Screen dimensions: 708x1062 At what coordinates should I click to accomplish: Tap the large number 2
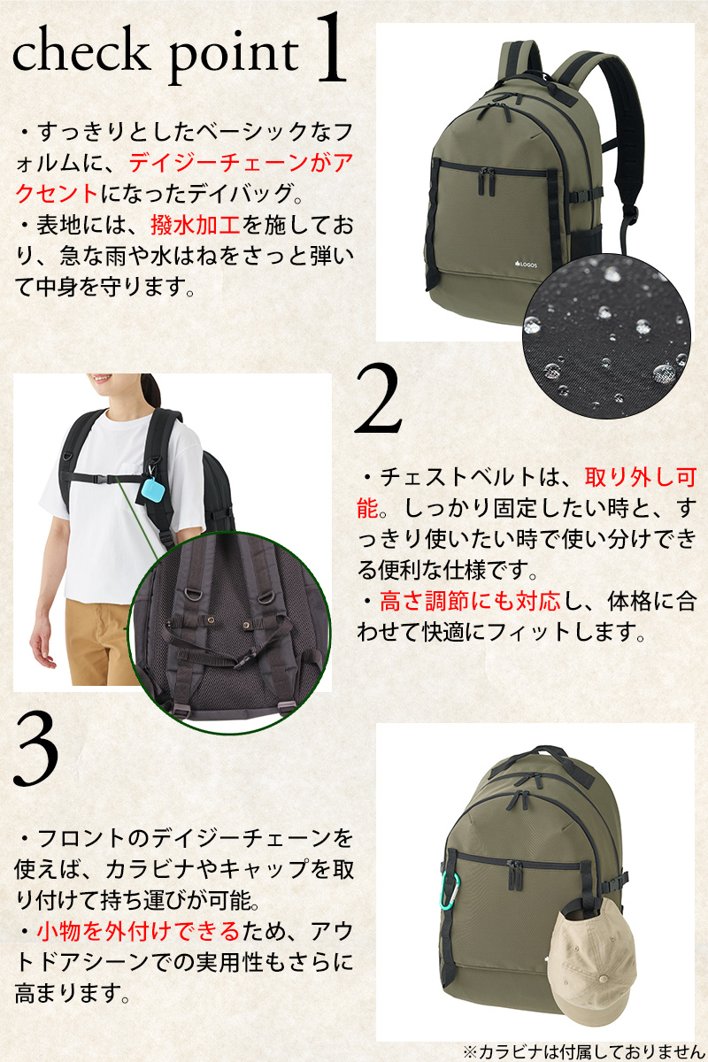click(379, 398)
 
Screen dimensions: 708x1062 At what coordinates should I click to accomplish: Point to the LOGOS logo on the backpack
click(526, 265)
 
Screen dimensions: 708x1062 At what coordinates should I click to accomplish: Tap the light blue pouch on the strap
click(154, 492)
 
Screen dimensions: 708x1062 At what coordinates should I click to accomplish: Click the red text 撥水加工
click(196, 225)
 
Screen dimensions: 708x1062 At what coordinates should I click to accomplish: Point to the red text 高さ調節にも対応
click(470, 601)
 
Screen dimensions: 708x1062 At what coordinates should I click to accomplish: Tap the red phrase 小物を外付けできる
click(138, 931)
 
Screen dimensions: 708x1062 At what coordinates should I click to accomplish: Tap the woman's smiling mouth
click(102, 379)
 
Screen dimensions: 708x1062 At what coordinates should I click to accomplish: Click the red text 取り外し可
click(640, 477)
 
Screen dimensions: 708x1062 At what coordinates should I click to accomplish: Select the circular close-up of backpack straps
click(229, 634)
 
